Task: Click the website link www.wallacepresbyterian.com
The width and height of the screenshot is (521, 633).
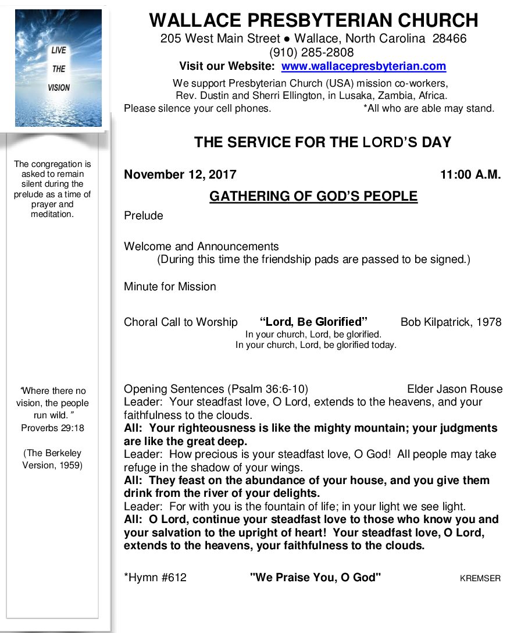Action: (x=363, y=66)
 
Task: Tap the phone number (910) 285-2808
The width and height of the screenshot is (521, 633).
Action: (x=314, y=53)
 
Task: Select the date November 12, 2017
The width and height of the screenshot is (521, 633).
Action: (x=180, y=175)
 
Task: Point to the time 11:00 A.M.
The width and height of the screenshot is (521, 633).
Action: (x=470, y=175)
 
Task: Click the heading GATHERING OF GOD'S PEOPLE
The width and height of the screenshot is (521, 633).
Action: (x=313, y=197)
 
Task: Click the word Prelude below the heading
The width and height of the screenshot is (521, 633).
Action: (x=144, y=216)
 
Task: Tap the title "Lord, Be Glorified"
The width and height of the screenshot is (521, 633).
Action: (x=313, y=322)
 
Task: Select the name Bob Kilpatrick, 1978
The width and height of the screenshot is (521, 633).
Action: (x=451, y=322)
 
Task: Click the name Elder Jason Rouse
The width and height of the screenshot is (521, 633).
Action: (x=455, y=389)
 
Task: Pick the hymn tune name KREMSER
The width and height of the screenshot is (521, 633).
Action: (x=480, y=579)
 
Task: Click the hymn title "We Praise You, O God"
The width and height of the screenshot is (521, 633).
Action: (x=315, y=578)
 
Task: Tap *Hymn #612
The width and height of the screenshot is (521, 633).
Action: (x=155, y=578)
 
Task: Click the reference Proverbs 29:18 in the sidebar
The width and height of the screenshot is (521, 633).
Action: (x=53, y=428)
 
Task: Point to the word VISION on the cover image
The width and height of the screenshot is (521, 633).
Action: (x=59, y=88)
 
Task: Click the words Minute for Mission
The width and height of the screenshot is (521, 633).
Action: (x=170, y=286)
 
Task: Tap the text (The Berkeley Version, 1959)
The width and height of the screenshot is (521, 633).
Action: (x=52, y=459)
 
